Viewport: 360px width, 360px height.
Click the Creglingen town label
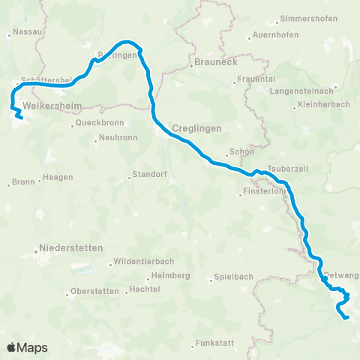coord(197,128)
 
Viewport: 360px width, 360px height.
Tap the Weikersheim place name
coord(52,106)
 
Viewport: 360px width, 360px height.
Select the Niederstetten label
coord(73,247)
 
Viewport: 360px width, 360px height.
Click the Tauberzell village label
coord(283,169)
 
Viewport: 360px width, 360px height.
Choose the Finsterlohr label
coord(264,193)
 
